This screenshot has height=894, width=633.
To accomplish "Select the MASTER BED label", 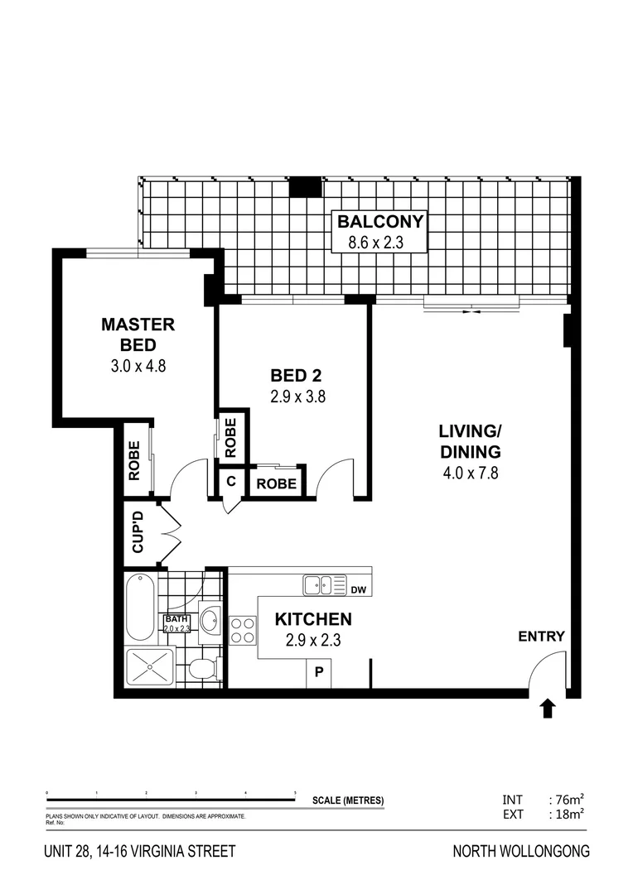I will click(x=138, y=334).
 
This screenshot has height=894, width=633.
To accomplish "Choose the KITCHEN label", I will click(x=313, y=619).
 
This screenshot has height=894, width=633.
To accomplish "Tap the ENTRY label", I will click(x=541, y=637).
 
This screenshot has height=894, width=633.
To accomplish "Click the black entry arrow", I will click(x=547, y=709).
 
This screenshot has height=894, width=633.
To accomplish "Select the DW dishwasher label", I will click(x=358, y=589).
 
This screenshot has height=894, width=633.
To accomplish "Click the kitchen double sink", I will click(x=323, y=586).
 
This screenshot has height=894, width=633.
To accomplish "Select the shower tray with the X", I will click(x=150, y=667).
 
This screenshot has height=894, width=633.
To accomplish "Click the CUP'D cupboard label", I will click(x=138, y=532).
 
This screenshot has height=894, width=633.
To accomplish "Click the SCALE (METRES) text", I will click(x=348, y=800).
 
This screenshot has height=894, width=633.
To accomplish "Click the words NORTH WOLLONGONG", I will click(x=521, y=852).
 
